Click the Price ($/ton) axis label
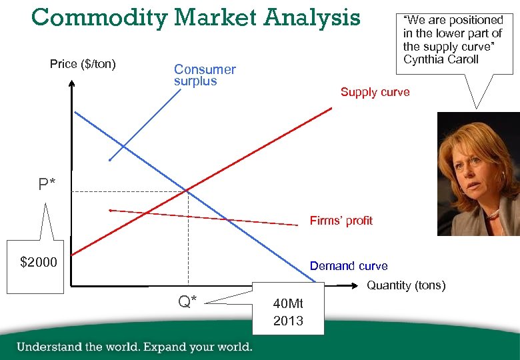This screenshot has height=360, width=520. (83, 64)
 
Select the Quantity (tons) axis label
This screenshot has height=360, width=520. (406, 285)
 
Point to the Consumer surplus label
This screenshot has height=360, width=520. (205, 75)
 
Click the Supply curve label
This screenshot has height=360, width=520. (375, 92)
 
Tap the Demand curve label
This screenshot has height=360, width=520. (348, 266)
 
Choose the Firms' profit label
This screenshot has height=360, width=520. (341, 220)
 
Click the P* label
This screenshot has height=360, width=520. (47, 184)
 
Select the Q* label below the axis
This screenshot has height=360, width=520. (187, 301)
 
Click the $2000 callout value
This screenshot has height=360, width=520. (39, 262)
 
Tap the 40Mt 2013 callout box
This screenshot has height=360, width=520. (288, 313)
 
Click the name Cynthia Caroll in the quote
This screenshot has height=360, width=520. (441, 59)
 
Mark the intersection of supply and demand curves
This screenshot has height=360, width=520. (187, 192)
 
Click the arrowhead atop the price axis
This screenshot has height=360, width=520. (70, 83)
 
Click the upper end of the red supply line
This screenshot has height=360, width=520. (331, 108)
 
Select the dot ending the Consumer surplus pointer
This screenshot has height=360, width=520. (110, 160)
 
